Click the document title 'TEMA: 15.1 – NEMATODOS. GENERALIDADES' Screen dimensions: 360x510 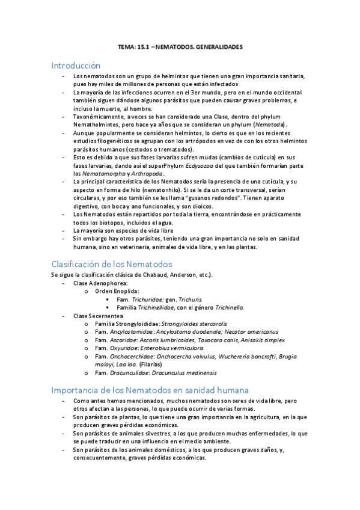click(180, 47)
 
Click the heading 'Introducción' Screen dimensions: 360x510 click(76, 65)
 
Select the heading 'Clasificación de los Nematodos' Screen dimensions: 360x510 click(112, 264)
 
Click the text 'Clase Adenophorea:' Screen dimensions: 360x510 click(100, 283)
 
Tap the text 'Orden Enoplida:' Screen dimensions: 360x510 click(118, 291)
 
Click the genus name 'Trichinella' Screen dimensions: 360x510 click(225, 307)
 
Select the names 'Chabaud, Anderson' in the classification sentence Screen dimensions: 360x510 click(165, 275)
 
